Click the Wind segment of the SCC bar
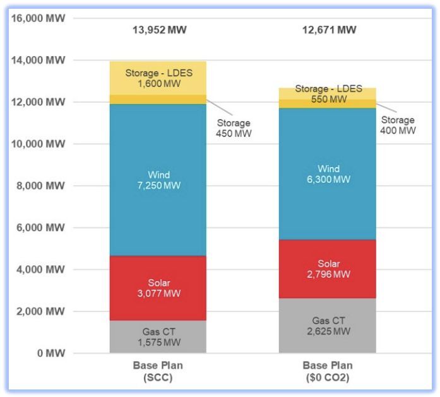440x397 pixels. tap(158, 180)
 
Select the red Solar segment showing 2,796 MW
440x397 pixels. tap(328, 268)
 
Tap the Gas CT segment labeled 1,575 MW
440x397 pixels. tap(158, 337)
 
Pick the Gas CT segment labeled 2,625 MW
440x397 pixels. tap(328, 325)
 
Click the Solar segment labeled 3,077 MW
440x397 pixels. tap(158, 288)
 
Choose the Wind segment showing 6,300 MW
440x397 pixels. tap(328, 174)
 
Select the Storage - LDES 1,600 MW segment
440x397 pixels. tap(158, 78)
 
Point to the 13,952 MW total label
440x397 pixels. tap(159, 30)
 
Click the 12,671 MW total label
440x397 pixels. tap(328, 30)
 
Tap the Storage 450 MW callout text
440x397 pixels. tap(234, 129)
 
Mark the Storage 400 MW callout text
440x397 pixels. tap(398, 125)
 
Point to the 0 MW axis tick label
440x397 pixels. tap(51, 354)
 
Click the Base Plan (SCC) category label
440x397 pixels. tap(158, 371)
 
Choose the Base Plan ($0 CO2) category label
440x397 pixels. tap(328, 371)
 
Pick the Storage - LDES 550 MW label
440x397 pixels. tap(328, 94)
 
